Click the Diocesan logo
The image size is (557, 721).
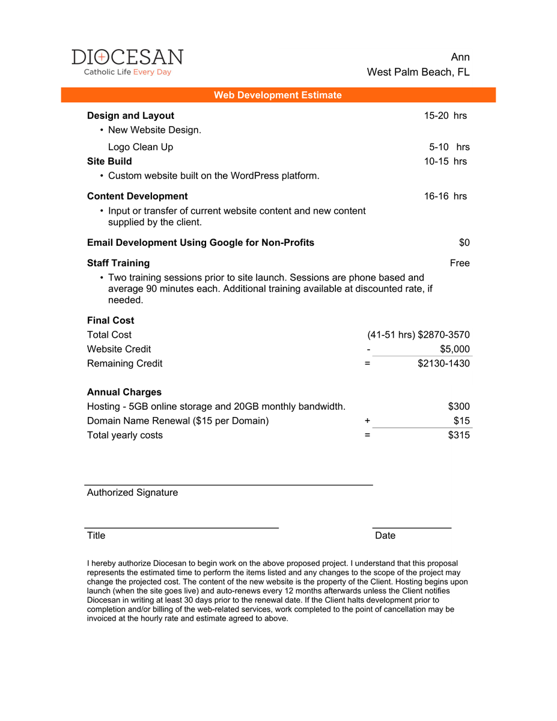[127, 62]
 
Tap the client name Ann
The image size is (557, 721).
[460, 57]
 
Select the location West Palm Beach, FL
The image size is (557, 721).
[418, 72]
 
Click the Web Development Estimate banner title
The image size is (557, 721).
[278, 95]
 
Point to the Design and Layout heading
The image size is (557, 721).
[130, 115]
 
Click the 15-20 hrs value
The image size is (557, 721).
[445, 115]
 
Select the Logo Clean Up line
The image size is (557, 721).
[141, 147]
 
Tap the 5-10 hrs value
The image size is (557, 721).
[449, 147]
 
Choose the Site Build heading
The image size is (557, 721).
[109, 161]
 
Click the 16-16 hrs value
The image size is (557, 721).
[445, 196]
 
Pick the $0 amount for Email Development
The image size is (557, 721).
[464, 242]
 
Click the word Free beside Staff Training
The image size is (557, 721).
[460, 263]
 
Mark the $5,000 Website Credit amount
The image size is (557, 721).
[455, 349]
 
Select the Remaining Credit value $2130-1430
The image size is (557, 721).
[443, 364]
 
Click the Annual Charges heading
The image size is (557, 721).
[124, 392]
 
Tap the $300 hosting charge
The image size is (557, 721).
[459, 407]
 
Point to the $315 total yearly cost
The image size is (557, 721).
[459, 435]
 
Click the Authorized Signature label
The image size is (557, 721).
[132, 492]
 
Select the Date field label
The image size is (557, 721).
[385, 535]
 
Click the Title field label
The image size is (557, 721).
[96, 535]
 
